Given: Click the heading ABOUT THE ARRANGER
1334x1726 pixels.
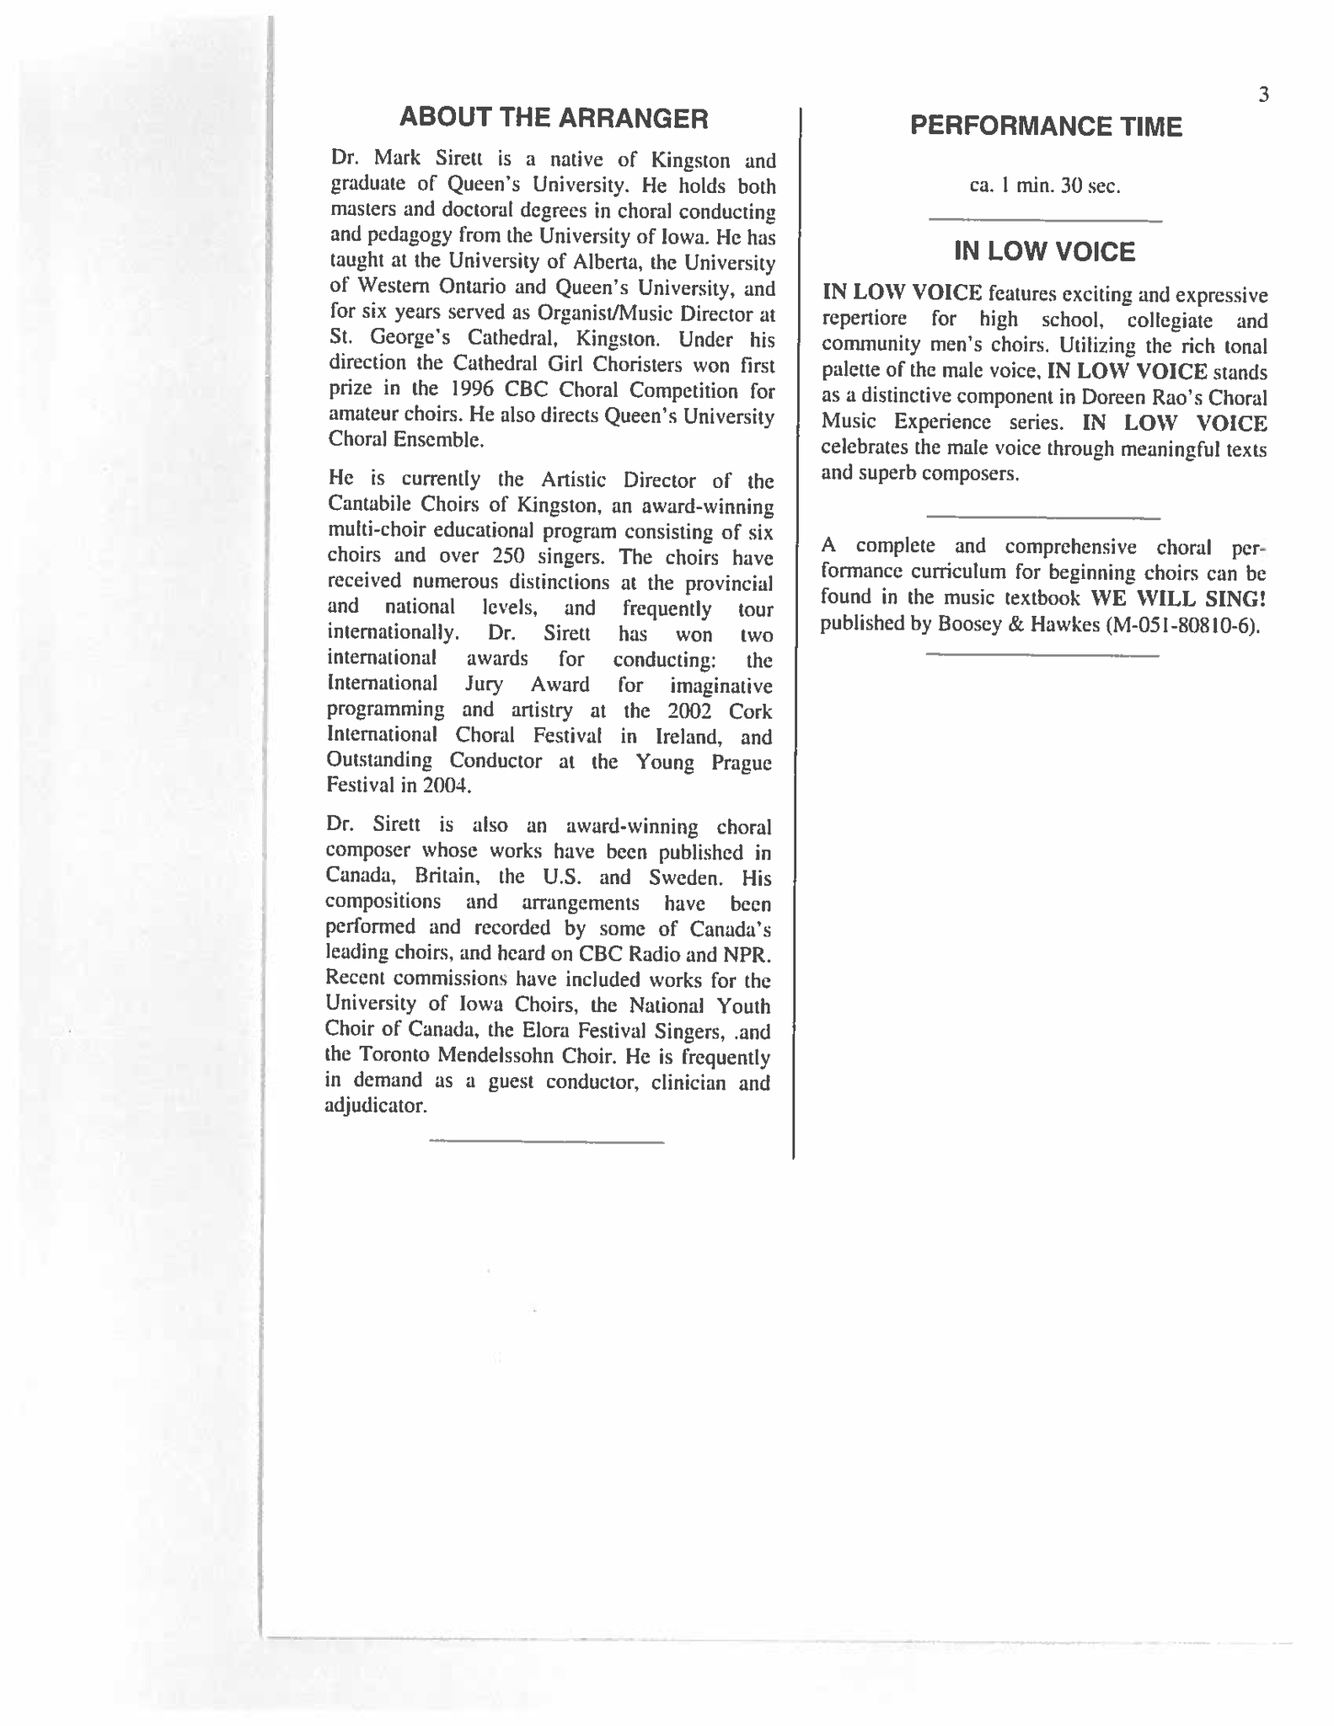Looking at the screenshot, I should click(553, 118).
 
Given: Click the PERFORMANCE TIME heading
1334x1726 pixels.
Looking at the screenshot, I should click(1046, 126).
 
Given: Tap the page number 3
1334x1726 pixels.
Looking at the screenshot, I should click(1263, 95).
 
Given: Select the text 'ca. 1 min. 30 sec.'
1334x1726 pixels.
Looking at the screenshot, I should click(1045, 185).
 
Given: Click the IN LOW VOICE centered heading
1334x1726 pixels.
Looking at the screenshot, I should click(1044, 251).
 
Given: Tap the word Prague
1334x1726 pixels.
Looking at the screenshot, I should click(738, 762).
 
